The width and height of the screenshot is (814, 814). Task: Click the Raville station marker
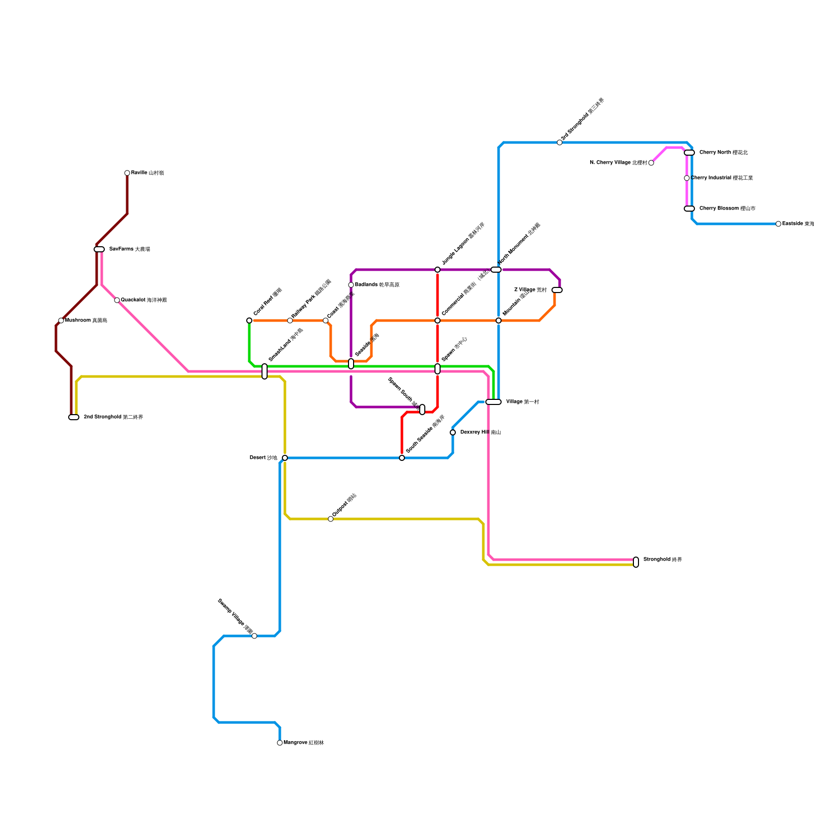127,173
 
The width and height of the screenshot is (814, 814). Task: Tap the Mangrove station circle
280,743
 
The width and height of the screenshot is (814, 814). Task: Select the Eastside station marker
778,224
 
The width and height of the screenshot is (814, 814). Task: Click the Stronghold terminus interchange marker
636,562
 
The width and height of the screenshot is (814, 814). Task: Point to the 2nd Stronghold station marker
74,417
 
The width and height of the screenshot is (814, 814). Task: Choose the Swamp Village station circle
254,636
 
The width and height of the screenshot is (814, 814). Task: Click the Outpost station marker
331,519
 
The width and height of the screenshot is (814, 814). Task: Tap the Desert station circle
285,458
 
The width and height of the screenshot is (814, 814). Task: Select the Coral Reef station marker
249,321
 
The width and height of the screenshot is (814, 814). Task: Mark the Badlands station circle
351,285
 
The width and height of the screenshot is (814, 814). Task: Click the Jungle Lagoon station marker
438,270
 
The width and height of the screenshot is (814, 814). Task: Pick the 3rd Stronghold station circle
560,142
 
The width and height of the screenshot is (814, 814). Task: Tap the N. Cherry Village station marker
651,163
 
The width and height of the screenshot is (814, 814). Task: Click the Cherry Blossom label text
727,209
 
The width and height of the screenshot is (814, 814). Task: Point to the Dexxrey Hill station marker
453,432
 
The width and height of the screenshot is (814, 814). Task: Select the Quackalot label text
144,300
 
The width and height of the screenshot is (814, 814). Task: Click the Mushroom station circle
61,321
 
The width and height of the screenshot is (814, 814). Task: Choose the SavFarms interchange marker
99,249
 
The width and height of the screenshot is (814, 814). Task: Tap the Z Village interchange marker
557,290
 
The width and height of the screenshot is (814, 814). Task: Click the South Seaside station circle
402,458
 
